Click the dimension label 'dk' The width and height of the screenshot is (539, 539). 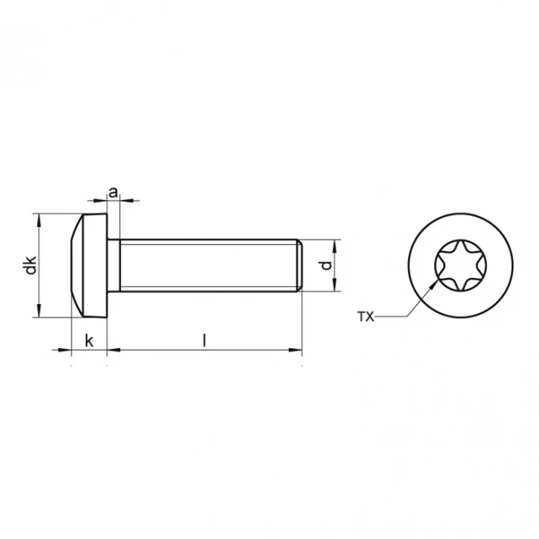(x=29, y=265)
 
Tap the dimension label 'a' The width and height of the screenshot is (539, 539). (x=113, y=192)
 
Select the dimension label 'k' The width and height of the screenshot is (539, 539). (x=89, y=341)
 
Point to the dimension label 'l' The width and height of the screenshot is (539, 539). (x=205, y=341)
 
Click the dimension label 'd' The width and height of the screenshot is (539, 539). (x=326, y=265)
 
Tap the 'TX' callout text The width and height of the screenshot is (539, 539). (x=366, y=317)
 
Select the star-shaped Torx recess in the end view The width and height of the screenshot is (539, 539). (x=460, y=265)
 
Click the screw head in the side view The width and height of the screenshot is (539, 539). (x=88, y=265)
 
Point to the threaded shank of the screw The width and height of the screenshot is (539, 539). (x=209, y=265)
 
